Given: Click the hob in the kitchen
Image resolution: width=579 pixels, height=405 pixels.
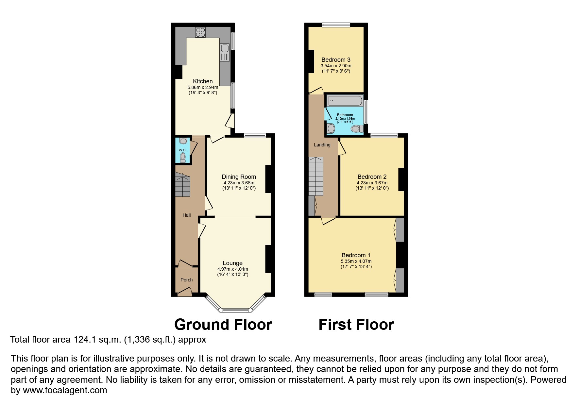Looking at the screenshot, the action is [200, 32].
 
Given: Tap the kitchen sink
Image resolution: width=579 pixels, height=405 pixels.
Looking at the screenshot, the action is [225, 52].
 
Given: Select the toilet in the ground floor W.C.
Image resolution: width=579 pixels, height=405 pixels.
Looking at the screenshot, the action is [183, 158].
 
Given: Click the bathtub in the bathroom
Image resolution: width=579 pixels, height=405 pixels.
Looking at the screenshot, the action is [345, 101].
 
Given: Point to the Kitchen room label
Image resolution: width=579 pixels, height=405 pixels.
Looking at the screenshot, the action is [203, 81].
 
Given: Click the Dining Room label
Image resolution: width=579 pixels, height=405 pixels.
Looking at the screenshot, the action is [239, 177].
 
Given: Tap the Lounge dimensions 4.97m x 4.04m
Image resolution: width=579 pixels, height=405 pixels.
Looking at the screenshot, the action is [233, 269].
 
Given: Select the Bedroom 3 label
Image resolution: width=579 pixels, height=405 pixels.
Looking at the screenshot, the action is [336, 60].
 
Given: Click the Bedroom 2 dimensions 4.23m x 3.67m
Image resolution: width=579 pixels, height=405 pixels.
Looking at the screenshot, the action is [372, 183].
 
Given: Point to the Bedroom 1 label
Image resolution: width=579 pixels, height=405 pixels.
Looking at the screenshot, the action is [356, 255].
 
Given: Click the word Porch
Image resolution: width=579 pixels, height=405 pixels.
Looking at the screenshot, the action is [187, 280].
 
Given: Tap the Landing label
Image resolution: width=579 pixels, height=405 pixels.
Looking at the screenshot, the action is [322, 145].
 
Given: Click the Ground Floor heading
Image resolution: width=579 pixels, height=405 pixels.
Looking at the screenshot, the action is [223, 325].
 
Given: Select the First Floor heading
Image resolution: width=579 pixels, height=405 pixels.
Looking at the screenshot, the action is [356, 325].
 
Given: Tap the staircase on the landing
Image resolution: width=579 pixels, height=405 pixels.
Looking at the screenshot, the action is [316, 176].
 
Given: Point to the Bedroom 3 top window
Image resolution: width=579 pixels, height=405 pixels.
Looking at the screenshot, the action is [336, 25].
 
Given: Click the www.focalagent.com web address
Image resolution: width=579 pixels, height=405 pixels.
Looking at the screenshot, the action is [65, 390].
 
